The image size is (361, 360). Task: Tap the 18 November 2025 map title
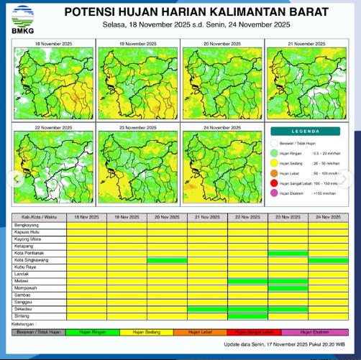[x=53, y=44]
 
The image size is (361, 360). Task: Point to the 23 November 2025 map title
[x=138, y=127]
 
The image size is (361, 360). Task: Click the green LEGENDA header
[x=306, y=131]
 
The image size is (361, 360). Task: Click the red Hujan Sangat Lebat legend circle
[x=274, y=183]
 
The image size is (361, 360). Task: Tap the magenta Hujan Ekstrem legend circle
[x=274, y=193]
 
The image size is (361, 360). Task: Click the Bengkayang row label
[x=27, y=225]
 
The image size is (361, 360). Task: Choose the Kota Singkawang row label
[x=30, y=260]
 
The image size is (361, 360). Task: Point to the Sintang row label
[x=22, y=315]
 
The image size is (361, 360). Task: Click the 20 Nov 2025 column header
[x=166, y=217]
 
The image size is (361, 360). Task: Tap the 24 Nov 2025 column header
[x=327, y=217]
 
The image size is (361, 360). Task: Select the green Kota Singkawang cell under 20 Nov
[x=166, y=260]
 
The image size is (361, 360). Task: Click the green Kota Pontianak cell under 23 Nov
[x=287, y=253]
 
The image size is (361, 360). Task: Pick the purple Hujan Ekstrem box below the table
[x=316, y=332]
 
